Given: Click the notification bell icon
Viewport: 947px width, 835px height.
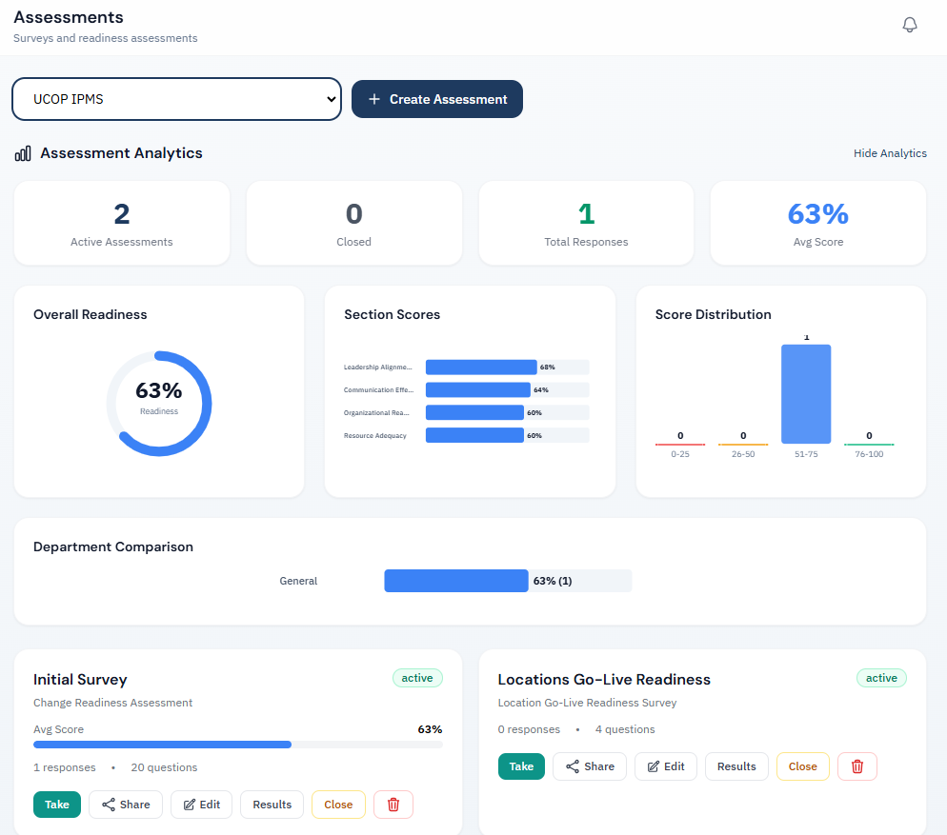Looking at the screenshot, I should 910,25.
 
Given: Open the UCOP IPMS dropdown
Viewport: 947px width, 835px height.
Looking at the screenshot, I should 176,99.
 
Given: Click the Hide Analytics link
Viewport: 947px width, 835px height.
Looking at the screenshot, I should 890,153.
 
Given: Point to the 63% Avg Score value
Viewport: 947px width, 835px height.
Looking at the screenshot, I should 817,214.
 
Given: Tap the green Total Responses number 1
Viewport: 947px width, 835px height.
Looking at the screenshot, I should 586,214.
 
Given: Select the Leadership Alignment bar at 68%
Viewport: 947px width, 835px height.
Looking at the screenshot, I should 481,367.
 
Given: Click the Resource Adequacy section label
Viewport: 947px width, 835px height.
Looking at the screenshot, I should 375,435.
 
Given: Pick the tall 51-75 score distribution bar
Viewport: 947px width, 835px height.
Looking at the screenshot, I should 806,394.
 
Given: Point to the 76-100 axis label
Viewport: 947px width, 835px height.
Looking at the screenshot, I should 869,454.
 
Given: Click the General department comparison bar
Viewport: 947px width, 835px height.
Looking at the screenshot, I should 456,581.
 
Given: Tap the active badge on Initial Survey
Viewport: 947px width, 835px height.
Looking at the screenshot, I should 417,678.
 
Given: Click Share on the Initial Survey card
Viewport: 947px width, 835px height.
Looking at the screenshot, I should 126,805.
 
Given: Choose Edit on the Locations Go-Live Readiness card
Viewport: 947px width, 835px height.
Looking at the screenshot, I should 666,766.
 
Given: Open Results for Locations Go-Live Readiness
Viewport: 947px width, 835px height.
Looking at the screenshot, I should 736,766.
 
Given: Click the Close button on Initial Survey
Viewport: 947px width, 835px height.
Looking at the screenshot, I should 338,805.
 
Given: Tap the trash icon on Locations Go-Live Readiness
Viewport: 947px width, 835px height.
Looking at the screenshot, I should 856,766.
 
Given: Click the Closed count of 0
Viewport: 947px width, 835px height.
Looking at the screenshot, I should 353,214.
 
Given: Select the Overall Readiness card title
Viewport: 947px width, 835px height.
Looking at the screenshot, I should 91,314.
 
